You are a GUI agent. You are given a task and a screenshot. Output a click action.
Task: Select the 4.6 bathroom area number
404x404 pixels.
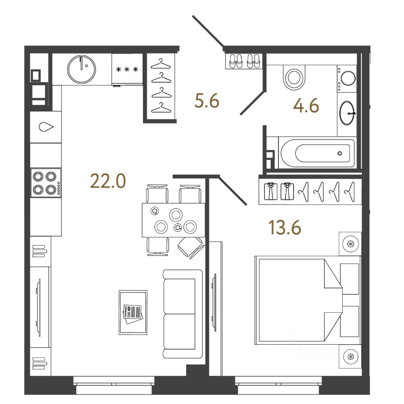point(306,106)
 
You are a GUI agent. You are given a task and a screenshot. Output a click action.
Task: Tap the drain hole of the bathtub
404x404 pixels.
point(340,153)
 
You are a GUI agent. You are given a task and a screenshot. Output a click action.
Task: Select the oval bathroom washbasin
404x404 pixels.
point(347,113)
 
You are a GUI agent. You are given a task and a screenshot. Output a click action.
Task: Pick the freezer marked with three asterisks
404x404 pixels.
point(127,69)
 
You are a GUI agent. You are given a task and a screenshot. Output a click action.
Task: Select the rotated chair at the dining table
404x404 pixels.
point(191,247)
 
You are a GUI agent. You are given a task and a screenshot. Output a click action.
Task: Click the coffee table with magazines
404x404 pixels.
point(133,312)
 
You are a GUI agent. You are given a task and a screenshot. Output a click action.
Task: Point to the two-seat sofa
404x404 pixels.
point(180,314)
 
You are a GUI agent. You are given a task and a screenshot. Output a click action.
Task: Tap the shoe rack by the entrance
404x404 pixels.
point(244,61)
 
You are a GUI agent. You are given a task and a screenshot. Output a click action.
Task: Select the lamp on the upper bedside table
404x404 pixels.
point(350,243)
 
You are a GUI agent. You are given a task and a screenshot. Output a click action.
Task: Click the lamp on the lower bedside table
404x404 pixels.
point(350,357)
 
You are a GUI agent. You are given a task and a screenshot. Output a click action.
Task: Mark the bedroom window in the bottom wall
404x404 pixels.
point(278,381)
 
